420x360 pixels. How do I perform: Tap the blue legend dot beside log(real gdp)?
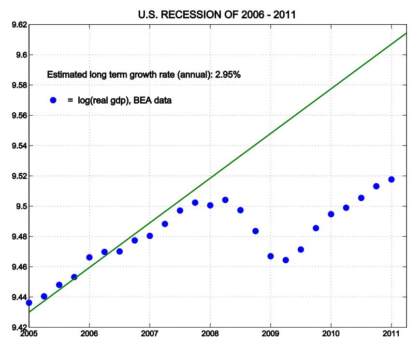click(54, 100)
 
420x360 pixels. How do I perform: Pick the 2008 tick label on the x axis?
click(210, 334)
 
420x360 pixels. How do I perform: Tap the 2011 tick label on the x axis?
click(391, 334)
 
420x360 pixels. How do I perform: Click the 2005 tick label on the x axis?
click(29, 334)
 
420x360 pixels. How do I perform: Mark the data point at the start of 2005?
click(29, 303)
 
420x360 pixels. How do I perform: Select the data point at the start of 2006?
click(89, 257)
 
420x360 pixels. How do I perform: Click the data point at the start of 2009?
click(271, 256)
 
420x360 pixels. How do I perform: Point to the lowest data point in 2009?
click(286, 260)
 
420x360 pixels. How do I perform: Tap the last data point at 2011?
click(391, 180)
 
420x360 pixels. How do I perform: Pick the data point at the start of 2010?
click(331, 214)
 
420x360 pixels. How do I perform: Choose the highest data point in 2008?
click(225, 200)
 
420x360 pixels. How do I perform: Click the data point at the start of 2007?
click(150, 236)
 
